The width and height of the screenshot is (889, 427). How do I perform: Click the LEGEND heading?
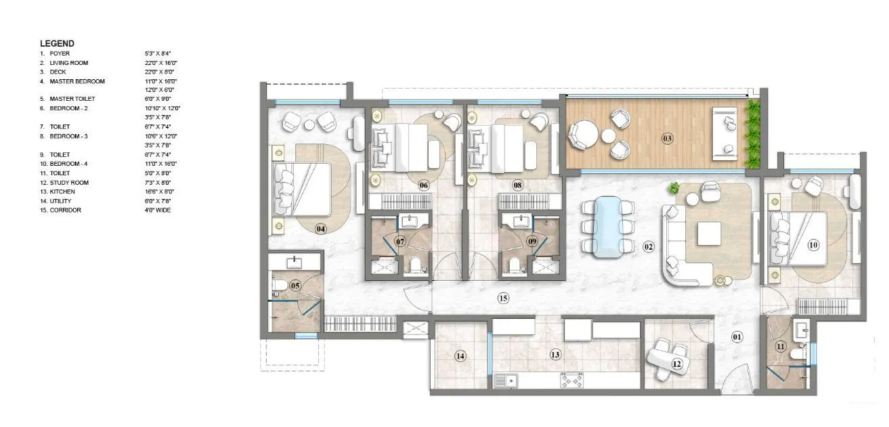[x=57, y=43]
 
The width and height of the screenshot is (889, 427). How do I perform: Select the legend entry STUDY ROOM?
[x=69, y=183]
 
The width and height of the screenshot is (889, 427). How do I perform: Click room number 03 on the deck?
[x=667, y=139]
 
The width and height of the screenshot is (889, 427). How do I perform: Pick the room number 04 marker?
[x=321, y=229]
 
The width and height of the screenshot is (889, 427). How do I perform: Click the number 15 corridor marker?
[x=502, y=298]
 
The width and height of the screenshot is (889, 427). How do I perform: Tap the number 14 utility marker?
[x=460, y=355]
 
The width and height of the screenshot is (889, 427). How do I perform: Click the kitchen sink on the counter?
[x=504, y=382]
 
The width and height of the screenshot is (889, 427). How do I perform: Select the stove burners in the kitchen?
[x=572, y=382]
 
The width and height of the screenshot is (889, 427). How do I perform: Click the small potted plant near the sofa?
[x=674, y=189]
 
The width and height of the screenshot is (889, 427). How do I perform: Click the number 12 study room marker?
[x=676, y=363]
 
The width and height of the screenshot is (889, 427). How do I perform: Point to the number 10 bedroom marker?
[x=813, y=244]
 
